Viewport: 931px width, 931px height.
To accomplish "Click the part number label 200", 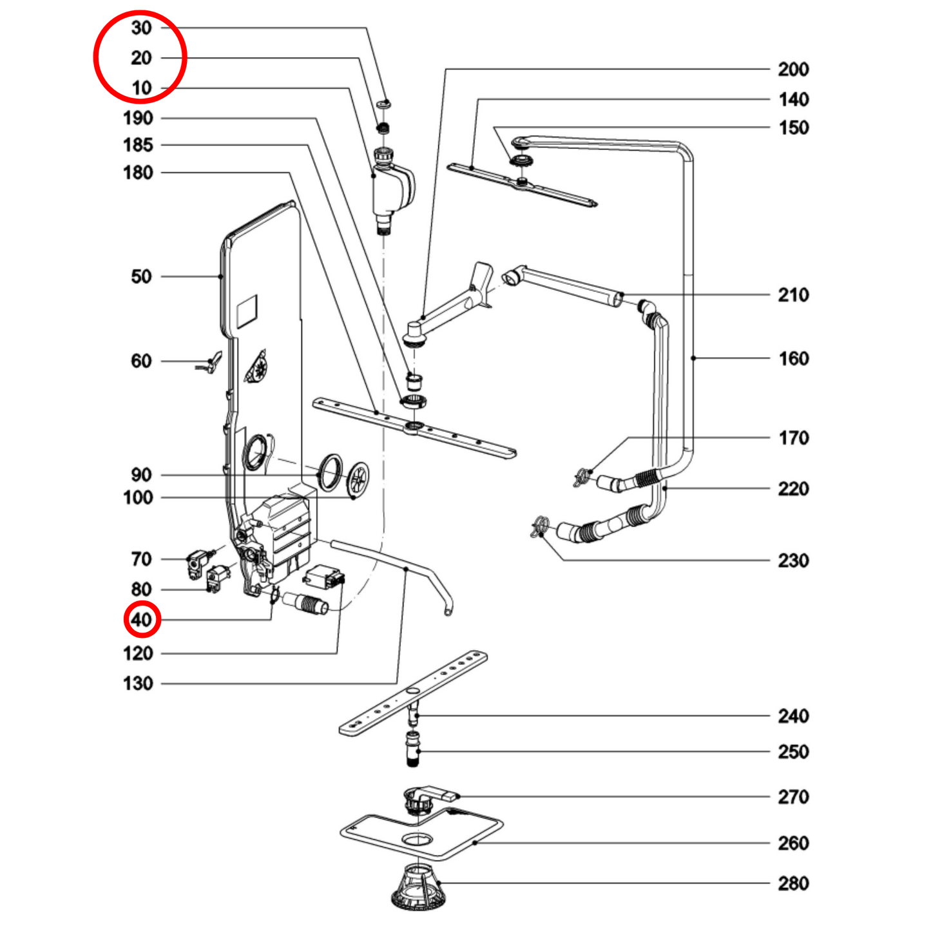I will pos(793,70).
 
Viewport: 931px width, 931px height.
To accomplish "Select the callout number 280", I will pos(793,883).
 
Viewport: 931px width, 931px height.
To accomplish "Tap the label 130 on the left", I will pos(138,684).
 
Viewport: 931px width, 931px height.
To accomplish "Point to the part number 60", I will pos(141,361).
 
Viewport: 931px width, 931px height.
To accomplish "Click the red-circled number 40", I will pos(142,620).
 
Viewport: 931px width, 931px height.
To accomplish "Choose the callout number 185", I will pos(138,146).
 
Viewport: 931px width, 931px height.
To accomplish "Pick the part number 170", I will pos(793,438).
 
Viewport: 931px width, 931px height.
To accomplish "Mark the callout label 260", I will pos(793,843).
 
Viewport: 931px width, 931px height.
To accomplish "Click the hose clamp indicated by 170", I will pos(581,477).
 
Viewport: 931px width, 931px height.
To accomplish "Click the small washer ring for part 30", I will pos(385,102).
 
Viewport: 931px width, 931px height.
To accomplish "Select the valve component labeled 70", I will pos(197,563).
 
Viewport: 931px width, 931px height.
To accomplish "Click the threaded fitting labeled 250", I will pos(414,748).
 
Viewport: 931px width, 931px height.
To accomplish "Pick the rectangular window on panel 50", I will pos(247,309).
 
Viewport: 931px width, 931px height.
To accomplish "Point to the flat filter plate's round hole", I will pos(418,840).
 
